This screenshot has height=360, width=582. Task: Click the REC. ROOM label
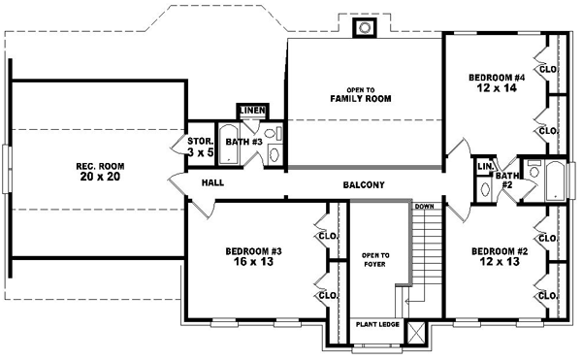100,172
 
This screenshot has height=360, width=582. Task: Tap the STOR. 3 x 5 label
200,147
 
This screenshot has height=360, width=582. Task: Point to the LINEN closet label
252,111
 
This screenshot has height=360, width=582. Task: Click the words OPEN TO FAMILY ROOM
353,94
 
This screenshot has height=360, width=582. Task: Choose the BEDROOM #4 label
498,77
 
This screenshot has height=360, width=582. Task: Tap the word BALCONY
364,185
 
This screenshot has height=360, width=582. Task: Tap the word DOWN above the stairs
424,207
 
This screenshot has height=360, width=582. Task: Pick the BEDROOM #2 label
499,250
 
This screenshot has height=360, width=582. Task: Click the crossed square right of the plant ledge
416,333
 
